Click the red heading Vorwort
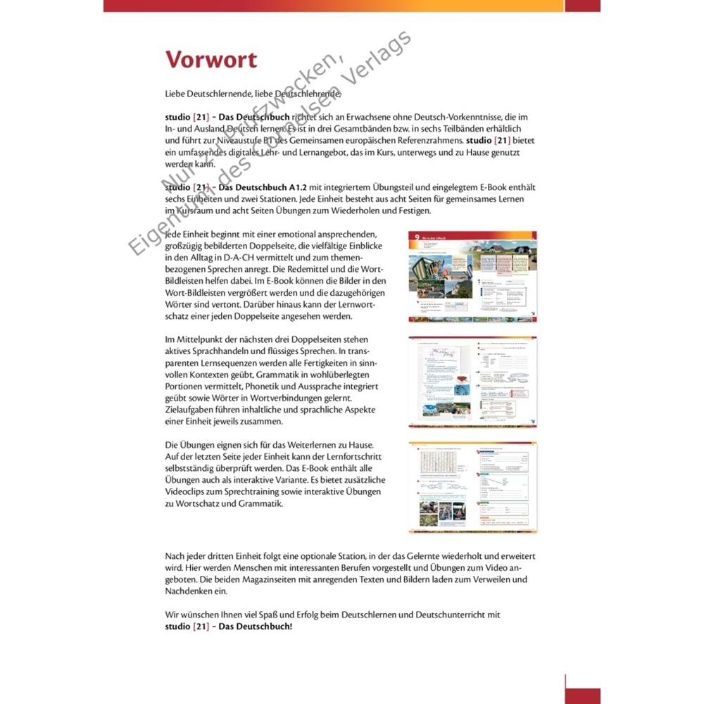tap(211, 59)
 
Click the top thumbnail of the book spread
tap(472, 277)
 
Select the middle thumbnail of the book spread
tap(472, 380)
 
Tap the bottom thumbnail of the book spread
tap(472, 486)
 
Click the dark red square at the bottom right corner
tap(582, 696)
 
